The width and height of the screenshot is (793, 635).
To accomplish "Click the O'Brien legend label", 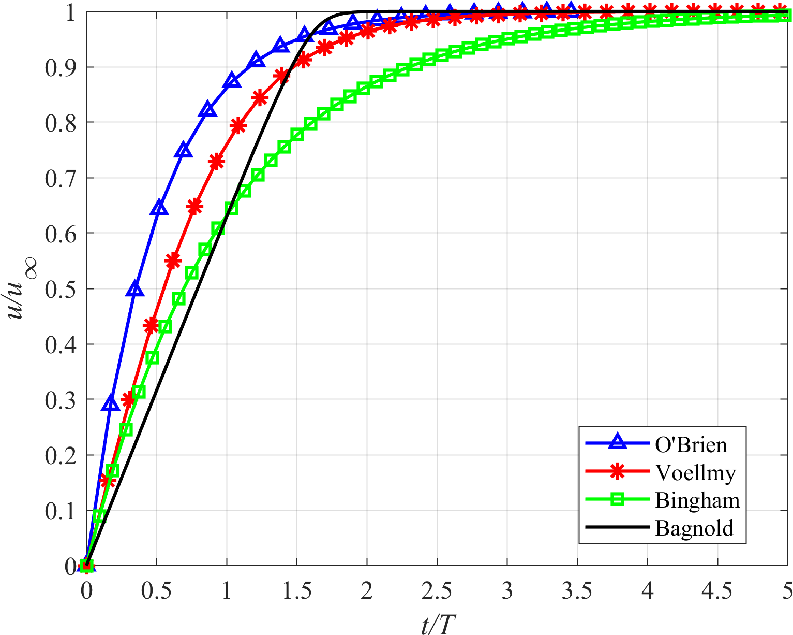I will (x=691, y=444).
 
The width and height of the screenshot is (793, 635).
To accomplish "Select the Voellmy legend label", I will (x=695, y=472).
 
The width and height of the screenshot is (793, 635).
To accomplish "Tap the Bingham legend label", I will (x=697, y=500).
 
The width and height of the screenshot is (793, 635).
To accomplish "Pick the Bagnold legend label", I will (x=694, y=528).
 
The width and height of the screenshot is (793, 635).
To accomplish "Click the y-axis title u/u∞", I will (x=20, y=288).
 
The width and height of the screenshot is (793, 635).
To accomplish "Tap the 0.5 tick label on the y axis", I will (x=59, y=289).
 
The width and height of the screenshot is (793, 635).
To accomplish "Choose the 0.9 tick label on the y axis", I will (x=59, y=67).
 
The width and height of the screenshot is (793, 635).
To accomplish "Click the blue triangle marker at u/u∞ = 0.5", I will (x=135, y=288).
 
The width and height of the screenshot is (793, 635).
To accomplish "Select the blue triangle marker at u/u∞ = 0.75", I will (x=184, y=151).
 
